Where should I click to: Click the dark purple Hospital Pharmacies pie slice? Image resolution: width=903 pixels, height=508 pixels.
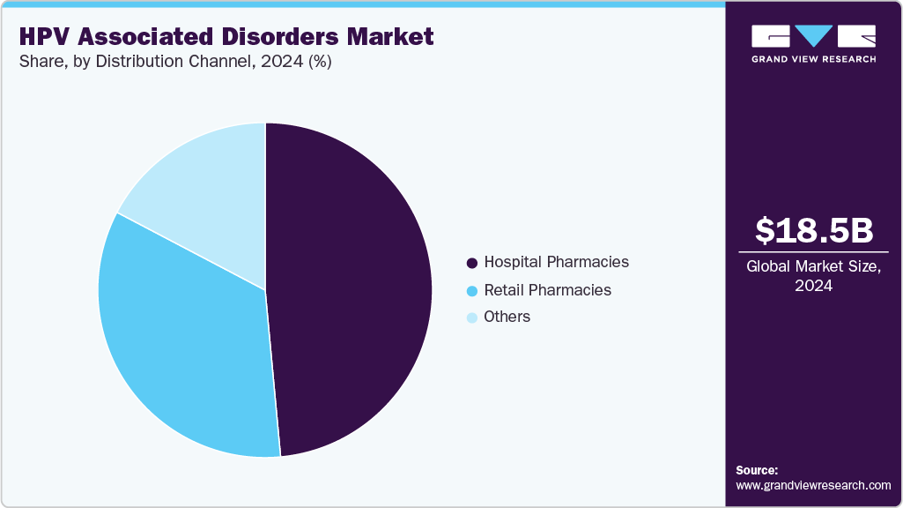352,291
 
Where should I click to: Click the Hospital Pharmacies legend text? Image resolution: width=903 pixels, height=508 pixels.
556,262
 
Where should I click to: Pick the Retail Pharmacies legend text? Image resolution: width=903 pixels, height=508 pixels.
547,290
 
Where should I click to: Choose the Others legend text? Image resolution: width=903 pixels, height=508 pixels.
507,317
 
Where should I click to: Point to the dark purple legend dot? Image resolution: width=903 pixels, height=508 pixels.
472,263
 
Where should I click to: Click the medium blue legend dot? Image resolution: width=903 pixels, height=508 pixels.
472,291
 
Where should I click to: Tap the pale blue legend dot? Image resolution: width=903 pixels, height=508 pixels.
472,317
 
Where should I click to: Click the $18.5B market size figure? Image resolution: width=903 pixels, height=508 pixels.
814,230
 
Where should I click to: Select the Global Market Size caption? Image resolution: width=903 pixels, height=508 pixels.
813,267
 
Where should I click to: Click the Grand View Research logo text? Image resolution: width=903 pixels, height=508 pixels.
814,59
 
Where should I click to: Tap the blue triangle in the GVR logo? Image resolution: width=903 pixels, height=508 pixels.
814,36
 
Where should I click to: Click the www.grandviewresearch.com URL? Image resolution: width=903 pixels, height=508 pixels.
813,485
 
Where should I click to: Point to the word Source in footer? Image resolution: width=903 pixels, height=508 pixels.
757,470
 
